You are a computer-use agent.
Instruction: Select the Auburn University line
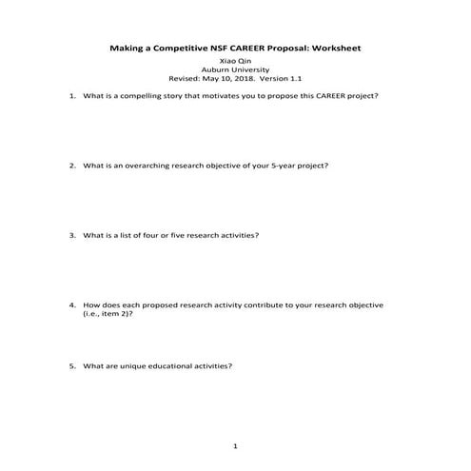coord(235,70)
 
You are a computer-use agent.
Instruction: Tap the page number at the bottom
coord(235,445)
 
